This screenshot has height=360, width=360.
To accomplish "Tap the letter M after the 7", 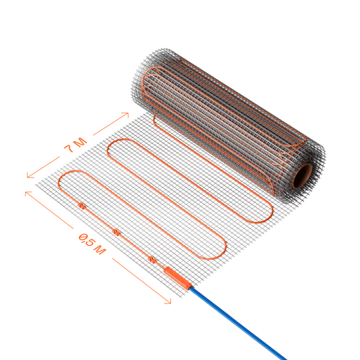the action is [80, 142].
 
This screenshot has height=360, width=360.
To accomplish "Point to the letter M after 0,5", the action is [100, 250].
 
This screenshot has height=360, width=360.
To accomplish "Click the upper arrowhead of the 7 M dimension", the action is [126, 114].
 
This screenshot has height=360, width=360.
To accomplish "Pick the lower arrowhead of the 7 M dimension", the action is [29, 175].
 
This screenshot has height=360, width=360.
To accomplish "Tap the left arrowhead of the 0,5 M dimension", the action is [28, 193].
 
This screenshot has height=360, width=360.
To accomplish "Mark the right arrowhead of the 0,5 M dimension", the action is [168, 301].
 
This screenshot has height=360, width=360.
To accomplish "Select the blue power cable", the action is [239, 323].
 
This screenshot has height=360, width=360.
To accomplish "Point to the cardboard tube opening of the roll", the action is [302, 176].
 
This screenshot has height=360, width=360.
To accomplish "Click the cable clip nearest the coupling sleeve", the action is [152, 259].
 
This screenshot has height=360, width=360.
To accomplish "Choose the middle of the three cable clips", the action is [116, 232].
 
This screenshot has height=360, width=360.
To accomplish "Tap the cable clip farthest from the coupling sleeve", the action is [81, 205].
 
